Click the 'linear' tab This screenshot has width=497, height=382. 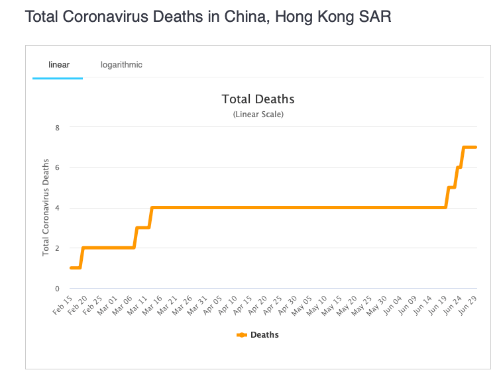(x=59, y=65)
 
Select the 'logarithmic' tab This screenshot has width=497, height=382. (x=121, y=65)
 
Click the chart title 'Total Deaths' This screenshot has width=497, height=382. (x=258, y=99)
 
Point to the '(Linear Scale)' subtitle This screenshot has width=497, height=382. (x=258, y=115)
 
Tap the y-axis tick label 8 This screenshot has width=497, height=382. (x=56, y=127)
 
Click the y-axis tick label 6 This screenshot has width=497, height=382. (x=56, y=167)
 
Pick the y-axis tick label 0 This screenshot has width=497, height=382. (x=56, y=289)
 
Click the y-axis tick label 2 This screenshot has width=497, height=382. (x=56, y=248)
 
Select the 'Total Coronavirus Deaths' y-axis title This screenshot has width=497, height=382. (x=46, y=207)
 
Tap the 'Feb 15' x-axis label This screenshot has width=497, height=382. (x=64, y=305)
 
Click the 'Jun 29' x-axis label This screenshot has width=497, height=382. (x=469, y=305)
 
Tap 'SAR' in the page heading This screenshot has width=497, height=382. (x=376, y=17)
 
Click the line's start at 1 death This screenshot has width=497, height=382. (x=71, y=267)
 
